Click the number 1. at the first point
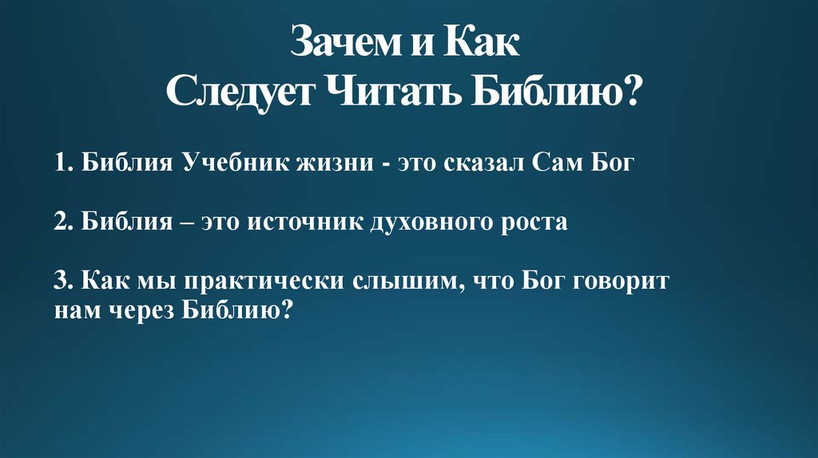[x=64, y=165]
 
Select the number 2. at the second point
[x=65, y=223]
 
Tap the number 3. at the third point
[x=64, y=282]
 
